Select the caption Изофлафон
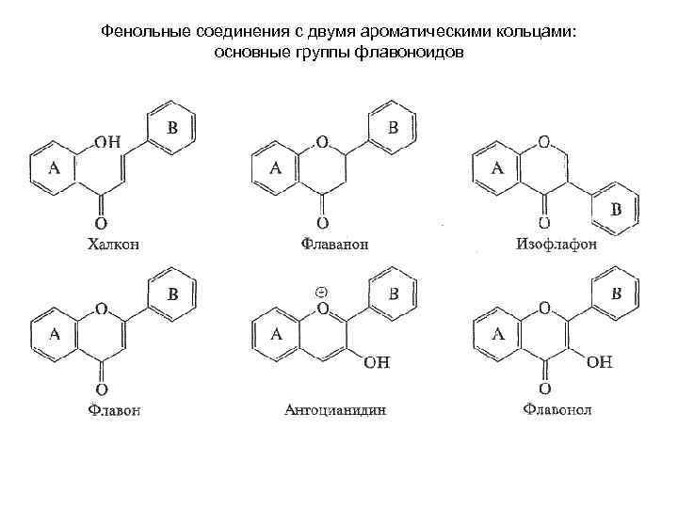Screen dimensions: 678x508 click(x=557, y=245)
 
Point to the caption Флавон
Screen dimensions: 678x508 click(x=115, y=410)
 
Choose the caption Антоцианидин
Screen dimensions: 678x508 click(x=335, y=410)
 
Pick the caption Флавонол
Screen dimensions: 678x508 click(x=557, y=409)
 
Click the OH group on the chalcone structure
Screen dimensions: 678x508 click(x=107, y=142)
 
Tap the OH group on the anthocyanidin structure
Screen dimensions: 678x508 click(x=376, y=362)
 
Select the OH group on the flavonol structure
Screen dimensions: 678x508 click(x=599, y=361)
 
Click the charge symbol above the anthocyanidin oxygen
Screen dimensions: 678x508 click(x=320, y=291)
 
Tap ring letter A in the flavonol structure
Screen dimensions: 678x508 click(x=499, y=333)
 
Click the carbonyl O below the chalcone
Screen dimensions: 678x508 click(x=100, y=224)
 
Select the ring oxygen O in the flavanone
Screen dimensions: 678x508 click(x=322, y=143)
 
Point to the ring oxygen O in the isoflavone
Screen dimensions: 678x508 click(x=543, y=143)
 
